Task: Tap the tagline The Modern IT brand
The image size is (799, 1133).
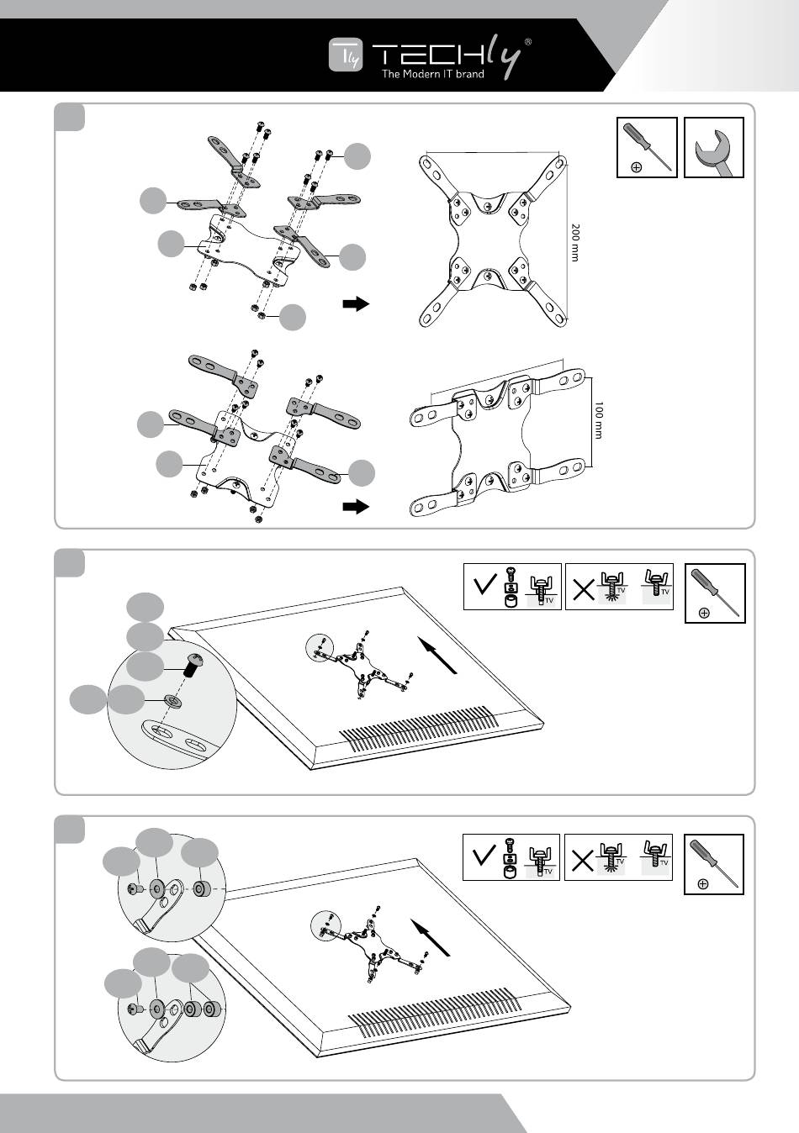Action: (x=432, y=75)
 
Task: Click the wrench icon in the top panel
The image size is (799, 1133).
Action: (x=714, y=148)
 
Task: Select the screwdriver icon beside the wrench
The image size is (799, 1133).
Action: (x=647, y=148)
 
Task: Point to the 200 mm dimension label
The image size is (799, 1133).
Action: (x=575, y=242)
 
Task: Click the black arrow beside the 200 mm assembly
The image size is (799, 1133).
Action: (x=357, y=303)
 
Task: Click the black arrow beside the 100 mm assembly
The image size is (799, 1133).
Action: (x=357, y=507)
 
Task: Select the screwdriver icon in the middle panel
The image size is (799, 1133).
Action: (x=715, y=593)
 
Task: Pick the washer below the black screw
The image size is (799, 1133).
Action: (x=172, y=699)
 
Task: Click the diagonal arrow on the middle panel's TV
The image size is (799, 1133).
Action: (x=438, y=656)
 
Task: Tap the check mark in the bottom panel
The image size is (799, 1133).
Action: (x=484, y=856)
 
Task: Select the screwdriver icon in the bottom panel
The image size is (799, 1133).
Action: (x=714, y=864)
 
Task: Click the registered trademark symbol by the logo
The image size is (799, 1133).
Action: (x=527, y=40)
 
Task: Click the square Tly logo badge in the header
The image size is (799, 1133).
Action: (x=345, y=56)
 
